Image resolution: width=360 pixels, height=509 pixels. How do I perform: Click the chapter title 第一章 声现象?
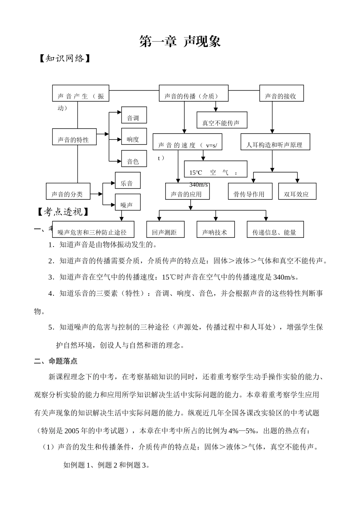click(x=180, y=42)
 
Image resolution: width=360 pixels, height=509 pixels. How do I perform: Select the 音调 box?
click(x=134, y=115)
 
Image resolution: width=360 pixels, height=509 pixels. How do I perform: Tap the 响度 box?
click(x=134, y=137)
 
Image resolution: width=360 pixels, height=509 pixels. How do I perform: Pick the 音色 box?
click(x=134, y=159)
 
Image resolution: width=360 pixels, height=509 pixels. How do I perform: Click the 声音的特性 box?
click(x=74, y=137)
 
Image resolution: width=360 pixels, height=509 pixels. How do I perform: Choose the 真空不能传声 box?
click(x=222, y=120)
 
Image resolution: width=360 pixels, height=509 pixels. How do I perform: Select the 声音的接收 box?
click(x=281, y=93)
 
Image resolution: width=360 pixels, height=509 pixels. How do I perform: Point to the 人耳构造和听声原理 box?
click(x=275, y=142)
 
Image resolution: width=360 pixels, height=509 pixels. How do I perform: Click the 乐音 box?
click(x=128, y=181)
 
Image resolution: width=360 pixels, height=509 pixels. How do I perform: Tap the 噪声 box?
click(x=128, y=202)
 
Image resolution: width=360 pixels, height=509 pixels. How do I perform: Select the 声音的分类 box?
click(x=68, y=191)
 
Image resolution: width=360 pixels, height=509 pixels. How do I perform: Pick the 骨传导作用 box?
click(x=250, y=191)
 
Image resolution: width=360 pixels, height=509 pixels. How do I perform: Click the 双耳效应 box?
click(x=297, y=191)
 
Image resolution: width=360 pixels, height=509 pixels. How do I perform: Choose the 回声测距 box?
click(x=165, y=229)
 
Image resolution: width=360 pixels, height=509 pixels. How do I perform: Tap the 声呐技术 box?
click(x=216, y=229)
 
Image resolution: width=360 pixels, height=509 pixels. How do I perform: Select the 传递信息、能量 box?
click(x=275, y=229)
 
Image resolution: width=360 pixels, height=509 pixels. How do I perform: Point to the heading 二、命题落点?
click(x=56, y=361)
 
